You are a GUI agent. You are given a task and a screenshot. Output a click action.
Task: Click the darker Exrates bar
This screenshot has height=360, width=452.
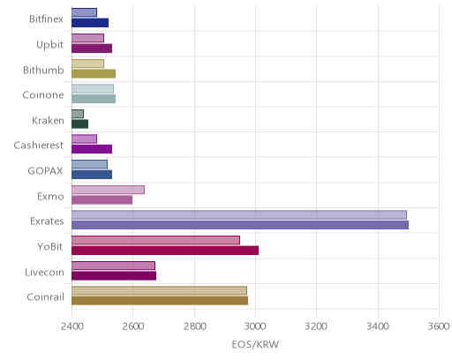pyautogui.click(x=240, y=225)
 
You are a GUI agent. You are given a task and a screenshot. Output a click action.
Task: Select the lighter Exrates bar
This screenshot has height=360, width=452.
pyautogui.click(x=239, y=214)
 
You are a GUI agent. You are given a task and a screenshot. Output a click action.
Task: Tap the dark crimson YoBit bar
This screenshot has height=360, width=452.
pyautogui.click(x=165, y=251)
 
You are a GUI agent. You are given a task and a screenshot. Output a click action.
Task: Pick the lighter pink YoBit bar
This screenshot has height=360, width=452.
pyautogui.click(x=155, y=240)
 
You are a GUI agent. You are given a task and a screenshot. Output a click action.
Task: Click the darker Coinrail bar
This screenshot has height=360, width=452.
pyautogui.click(x=160, y=301)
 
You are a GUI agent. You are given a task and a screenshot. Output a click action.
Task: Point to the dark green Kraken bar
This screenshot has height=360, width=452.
pyautogui.click(x=79, y=124)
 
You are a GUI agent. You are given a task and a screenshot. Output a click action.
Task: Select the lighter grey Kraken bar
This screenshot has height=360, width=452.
pyautogui.click(x=78, y=114)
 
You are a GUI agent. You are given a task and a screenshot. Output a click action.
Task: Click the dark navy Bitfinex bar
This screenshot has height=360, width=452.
pyautogui.click(x=90, y=23)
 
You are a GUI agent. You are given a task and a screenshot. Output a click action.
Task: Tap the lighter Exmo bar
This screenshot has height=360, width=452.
pyautogui.click(x=108, y=190)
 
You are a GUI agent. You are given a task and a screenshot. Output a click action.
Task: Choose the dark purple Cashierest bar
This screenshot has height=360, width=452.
pyautogui.click(x=92, y=149)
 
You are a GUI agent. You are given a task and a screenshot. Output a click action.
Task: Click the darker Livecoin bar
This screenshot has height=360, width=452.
pyautogui.click(x=114, y=276)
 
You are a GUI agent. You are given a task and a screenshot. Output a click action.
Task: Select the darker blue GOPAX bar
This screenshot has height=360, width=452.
pyautogui.click(x=92, y=175)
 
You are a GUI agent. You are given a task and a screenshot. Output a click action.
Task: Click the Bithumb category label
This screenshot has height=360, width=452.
pyautogui.click(x=43, y=70)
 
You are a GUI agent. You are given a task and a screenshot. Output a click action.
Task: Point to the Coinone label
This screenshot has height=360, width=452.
pyautogui.click(x=43, y=94)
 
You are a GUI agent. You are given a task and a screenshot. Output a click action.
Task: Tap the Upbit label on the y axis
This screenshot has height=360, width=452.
pyautogui.click(x=49, y=45)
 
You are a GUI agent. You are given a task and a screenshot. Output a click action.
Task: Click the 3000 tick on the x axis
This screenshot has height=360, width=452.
pyautogui.click(x=255, y=326)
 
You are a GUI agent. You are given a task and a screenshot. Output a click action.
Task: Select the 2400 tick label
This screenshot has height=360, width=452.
pyautogui.click(x=72, y=326)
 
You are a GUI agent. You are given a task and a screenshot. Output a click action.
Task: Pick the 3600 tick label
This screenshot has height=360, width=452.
pyautogui.click(x=439, y=326)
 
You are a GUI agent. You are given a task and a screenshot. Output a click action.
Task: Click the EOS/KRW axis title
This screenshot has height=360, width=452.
pyautogui.click(x=255, y=344)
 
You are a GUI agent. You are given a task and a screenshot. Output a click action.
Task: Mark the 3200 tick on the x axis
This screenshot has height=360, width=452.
pyautogui.click(x=317, y=326)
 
